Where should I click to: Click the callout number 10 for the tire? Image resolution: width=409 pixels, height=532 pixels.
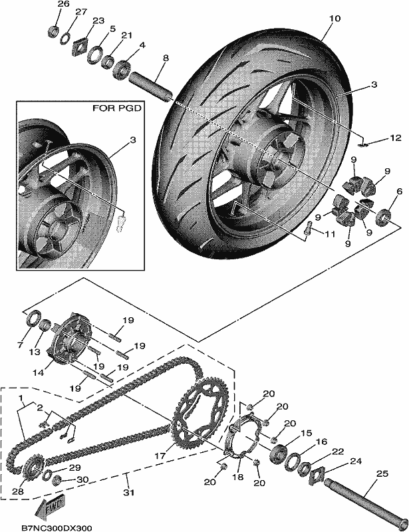[x=335, y=19]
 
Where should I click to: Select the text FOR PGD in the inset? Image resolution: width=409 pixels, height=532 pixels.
[x=117, y=108]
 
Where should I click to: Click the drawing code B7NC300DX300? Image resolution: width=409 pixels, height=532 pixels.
[x=57, y=528]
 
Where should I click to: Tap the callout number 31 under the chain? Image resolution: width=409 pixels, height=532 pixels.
[x=128, y=491]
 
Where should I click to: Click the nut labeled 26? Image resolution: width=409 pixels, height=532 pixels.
[x=54, y=31]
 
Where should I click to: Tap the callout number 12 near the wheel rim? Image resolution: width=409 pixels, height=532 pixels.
[x=396, y=138]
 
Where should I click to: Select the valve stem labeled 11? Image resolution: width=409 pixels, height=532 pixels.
[x=309, y=227]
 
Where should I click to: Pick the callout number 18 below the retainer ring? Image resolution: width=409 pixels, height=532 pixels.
[x=238, y=476]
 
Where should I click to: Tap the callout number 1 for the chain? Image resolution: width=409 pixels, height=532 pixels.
[x=21, y=397]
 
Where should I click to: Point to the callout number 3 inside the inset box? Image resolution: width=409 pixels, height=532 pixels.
[x=133, y=140]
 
